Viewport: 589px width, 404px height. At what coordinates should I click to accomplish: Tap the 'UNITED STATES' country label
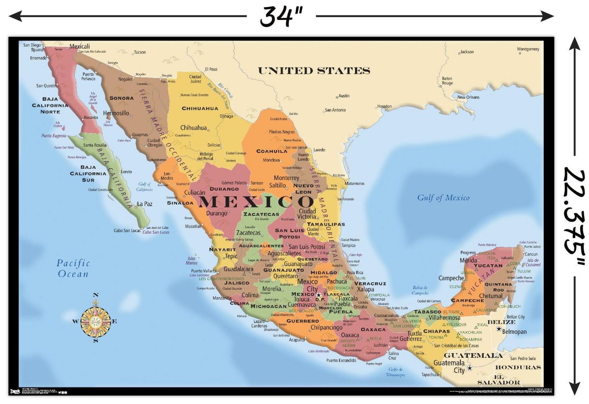coord(314,71)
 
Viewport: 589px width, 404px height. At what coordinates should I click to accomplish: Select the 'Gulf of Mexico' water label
coord(443,198)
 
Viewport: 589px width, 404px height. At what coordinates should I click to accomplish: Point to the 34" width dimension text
coord(281,16)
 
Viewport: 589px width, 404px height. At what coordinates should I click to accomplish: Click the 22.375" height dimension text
coord(574,216)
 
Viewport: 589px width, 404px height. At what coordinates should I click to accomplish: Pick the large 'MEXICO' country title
coord(256,202)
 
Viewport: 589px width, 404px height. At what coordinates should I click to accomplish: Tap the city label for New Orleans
coord(468,97)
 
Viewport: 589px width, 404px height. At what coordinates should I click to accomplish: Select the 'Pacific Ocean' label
coord(73,268)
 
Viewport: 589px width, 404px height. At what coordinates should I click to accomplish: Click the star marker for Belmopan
coord(499,329)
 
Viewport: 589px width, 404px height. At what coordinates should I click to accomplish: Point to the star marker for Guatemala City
coord(469,368)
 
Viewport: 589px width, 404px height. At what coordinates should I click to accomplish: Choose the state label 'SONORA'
coord(121,98)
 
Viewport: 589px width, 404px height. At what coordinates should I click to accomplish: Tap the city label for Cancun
coord(531,254)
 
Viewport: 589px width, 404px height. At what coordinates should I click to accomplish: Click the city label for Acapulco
coord(297,340)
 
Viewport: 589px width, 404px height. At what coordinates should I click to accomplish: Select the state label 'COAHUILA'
coord(272,151)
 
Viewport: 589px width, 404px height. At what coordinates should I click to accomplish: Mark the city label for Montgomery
coord(528,49)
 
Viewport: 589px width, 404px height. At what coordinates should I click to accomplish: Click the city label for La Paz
coord(144,204)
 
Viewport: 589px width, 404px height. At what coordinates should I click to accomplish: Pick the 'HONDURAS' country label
coord(518,368)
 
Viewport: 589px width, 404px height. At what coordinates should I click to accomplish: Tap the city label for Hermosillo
coord(116,113)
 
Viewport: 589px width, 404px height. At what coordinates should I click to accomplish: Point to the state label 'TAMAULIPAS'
coord(326,224)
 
